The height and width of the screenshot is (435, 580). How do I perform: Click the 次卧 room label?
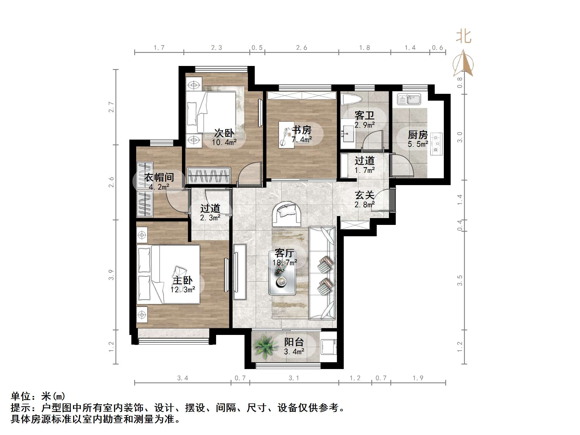coord(224,133)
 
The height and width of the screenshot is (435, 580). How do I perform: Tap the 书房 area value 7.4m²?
coord(302,140)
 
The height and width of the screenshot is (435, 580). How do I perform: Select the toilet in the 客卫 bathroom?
coord(352,100)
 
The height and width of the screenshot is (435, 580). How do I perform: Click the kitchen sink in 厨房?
coord(409,99)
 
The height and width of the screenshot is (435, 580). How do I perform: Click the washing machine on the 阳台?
coord(329,347)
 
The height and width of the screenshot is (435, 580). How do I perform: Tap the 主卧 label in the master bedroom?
coord(183,281)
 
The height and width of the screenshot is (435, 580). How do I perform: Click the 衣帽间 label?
coord(159,177)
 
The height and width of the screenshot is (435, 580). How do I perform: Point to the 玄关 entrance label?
coord(364,195)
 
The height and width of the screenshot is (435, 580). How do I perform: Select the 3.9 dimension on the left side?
coord(111,275)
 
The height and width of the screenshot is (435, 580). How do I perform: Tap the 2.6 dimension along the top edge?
coord(301,48)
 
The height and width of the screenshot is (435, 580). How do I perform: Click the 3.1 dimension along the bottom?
coord(294,378)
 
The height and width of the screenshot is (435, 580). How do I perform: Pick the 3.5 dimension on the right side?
coord(460,280)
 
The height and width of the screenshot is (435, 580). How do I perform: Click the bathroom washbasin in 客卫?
coord(347,134)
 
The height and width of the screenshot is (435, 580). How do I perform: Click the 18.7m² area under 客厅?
coord(285,262)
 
